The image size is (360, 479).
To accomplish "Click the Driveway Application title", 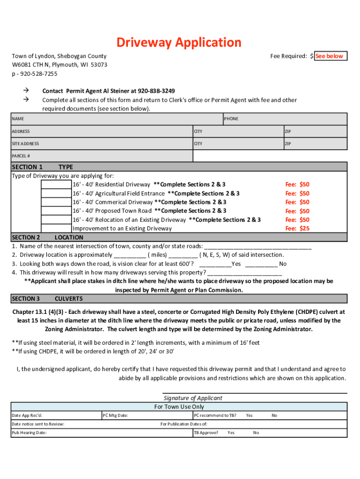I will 179,43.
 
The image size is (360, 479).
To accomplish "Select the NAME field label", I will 18,119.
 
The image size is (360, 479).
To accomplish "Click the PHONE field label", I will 231,119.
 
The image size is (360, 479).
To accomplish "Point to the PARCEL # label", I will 21,156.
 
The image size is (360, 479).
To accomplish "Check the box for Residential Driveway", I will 56,185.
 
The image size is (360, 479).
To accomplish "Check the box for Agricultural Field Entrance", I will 56,194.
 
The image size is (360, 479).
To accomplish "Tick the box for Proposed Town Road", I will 56,211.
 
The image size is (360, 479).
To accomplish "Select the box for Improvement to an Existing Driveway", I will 56,229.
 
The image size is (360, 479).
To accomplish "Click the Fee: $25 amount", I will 297,229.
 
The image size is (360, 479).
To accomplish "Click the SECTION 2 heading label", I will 26,238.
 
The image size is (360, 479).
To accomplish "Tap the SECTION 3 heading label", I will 26,298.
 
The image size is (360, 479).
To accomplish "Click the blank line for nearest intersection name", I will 258,247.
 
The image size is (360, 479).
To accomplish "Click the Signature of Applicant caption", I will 193,398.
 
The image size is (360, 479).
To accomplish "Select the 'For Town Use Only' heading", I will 179,407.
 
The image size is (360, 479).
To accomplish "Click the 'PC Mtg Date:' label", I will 115,415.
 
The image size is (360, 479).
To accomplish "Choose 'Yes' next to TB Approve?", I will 231,433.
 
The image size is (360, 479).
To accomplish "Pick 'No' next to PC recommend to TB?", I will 274,415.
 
